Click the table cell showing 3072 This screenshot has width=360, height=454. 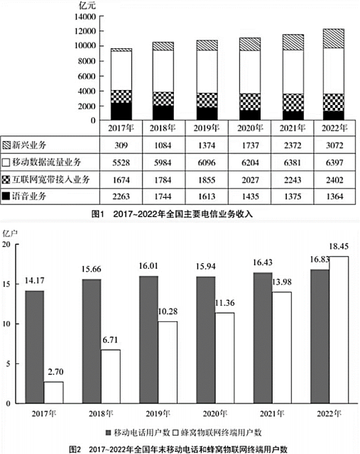[x=334, y=145]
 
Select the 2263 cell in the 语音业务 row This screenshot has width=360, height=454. [x=121, y=196]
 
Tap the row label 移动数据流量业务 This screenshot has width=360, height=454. [x=46, y=162]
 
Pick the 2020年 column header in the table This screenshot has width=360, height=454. [x=250, y=128]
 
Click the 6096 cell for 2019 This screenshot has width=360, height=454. [x=207, y=162]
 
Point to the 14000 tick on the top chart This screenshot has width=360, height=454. [x=85, y=17]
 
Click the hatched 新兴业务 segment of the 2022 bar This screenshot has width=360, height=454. [x=334, y=38]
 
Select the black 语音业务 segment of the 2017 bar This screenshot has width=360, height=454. [x=121, y=111]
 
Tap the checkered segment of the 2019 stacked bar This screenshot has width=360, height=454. [x=207, y=100]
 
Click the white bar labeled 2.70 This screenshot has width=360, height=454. [x=54, y=392]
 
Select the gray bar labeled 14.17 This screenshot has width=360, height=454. [x=35, y=347]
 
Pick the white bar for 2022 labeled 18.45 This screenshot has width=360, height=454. [x=339, y=330]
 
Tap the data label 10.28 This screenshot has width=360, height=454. [x=168, y=311]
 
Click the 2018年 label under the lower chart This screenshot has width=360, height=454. [x=101, y=414]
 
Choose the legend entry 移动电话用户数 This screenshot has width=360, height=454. [x=138, y=433]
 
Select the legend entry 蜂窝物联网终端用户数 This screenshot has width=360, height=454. [x=217, y=433]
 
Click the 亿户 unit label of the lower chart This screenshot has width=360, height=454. [x=10, y=233]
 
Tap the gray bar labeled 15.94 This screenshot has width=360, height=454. [x=206, y=340]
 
